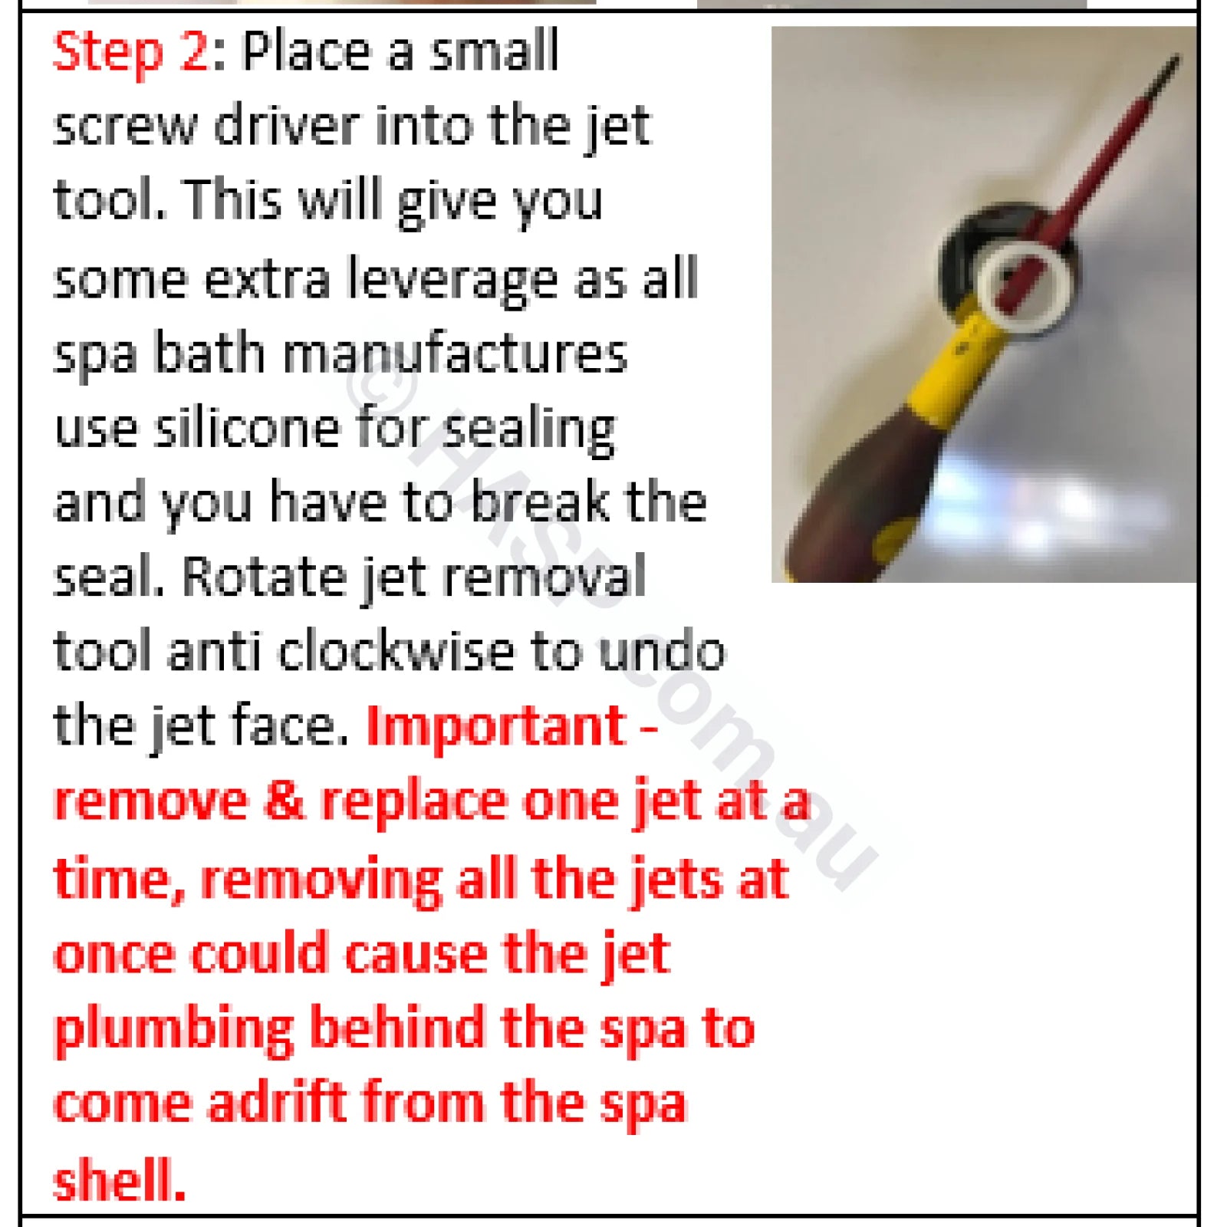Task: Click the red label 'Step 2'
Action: tap(130, 52)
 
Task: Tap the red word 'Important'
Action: tap(497, 726)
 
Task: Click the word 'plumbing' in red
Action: tap(174, 1030)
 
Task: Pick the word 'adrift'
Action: tap(278, 1102)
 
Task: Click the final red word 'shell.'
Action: tap(120, 1179)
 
